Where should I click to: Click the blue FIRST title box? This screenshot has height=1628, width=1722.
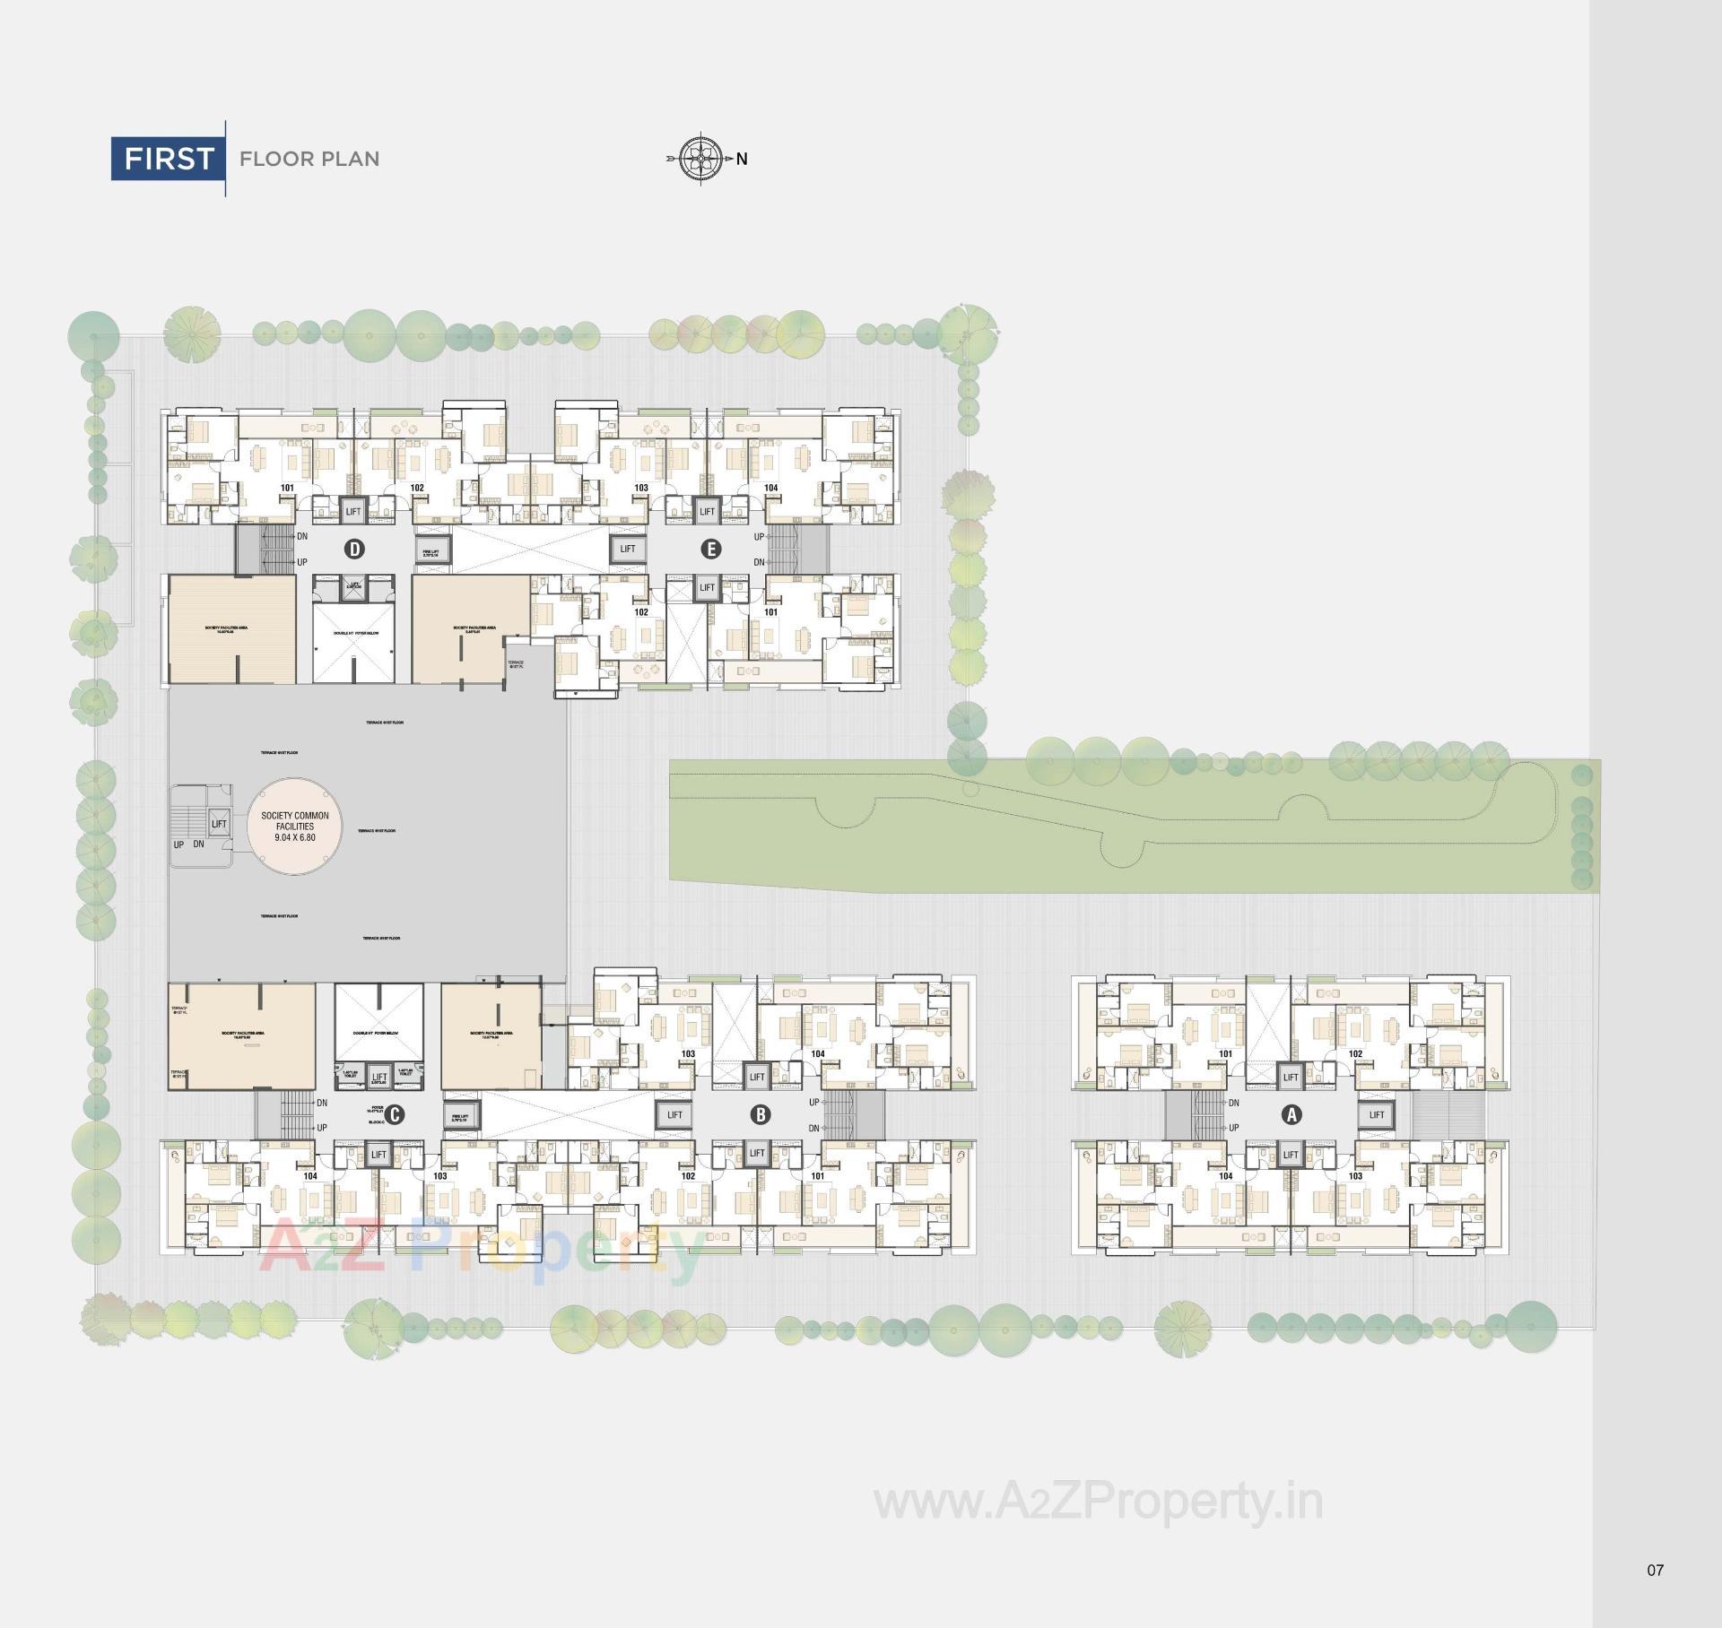point(168,159)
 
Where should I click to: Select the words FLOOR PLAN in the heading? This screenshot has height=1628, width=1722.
point(309,160)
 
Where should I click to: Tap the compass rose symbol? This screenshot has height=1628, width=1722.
point(701,159)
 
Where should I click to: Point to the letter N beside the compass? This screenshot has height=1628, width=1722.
point(742,160)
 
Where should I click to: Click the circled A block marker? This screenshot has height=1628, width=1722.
point(1291,1114)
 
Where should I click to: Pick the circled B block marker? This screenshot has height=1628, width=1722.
point(761,1114)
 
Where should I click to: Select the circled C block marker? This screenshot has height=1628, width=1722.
point(394,1114)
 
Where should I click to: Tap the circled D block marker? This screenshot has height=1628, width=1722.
point(355,549)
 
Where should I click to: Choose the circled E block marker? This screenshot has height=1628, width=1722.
point(710,549)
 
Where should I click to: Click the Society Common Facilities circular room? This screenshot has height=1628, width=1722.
point(295,827)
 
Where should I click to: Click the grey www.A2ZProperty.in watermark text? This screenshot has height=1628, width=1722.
point(1099,1502)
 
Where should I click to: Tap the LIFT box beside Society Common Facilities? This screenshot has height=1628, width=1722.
point(219,824)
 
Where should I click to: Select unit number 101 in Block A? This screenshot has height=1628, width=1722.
point(1225,1054)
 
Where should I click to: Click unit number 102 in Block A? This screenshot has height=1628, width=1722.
point(1355,1054)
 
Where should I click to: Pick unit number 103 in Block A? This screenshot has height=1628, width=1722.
point(1355,1176)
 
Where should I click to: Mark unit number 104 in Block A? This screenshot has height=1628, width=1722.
point(1225,1176)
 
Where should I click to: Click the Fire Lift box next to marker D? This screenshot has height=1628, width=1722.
point(431,554)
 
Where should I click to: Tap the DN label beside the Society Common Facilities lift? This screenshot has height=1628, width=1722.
point(199,844)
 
